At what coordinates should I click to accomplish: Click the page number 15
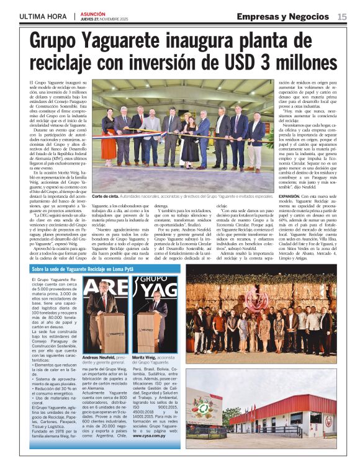(342, 17)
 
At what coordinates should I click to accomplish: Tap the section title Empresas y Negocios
(285, 17)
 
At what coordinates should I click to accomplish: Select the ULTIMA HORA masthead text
(43, 16)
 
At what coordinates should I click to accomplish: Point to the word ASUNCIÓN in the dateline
(92, 13)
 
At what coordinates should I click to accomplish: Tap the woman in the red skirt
(110, 142)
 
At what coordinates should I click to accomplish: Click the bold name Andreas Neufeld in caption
(99, 358)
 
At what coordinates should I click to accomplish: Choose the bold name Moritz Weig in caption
(145, 358)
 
